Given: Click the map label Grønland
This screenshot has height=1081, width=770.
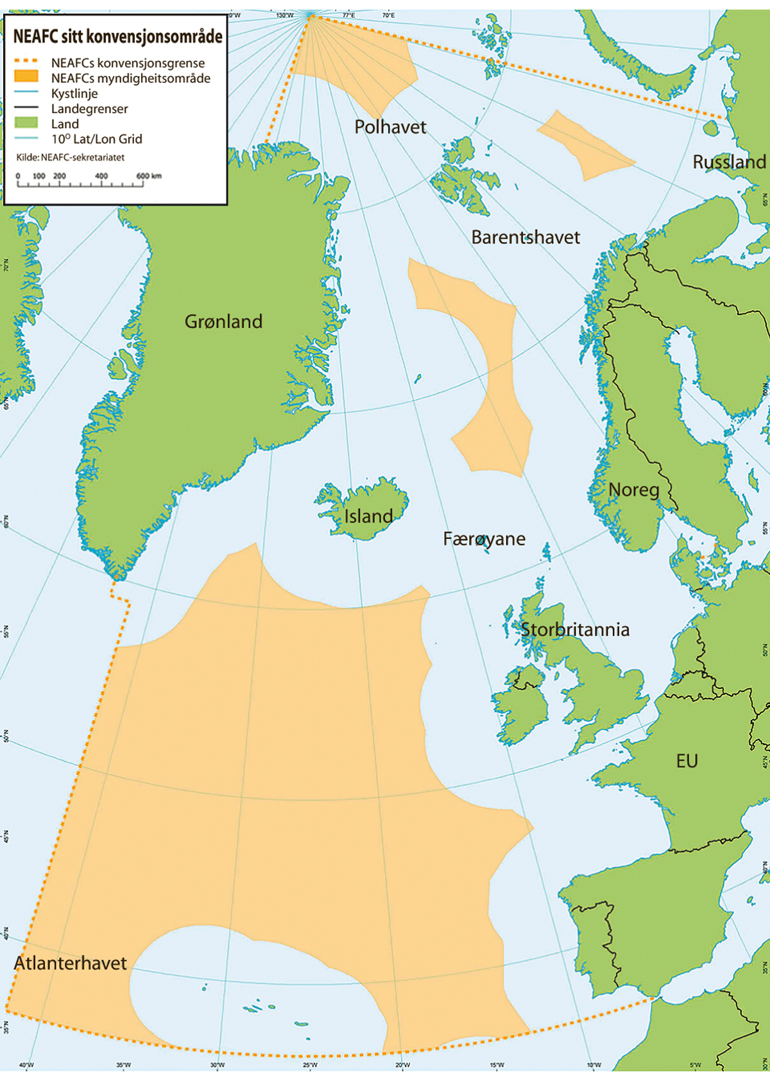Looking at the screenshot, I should tap(223, 321).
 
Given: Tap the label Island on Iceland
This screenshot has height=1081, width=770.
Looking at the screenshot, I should tap(368, 516).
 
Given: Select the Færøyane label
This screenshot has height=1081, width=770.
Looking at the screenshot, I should tap(484, 539).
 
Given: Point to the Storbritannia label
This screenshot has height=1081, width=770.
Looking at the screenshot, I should tap(574, 629).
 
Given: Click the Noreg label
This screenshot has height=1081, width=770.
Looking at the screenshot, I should tap(633, 490).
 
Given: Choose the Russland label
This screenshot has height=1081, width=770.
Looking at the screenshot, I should tap(729, 162).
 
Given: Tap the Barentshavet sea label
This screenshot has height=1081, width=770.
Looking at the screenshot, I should tap(525, 237).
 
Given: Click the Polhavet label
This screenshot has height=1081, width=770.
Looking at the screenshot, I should tap(390, 127).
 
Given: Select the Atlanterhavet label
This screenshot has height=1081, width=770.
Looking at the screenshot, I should tap(71, 963).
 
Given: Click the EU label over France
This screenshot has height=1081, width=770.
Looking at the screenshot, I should tap(687, 762).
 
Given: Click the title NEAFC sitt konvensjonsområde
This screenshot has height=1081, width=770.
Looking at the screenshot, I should tap(118, 37).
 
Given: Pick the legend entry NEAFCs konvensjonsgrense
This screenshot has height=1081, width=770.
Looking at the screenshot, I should tap(128, 63).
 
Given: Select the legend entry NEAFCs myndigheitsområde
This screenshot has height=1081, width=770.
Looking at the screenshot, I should tap(130, 78).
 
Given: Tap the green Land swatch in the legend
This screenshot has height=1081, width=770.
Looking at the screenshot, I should tap(26, 123).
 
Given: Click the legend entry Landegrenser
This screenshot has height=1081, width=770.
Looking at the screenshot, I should tap(89, 108).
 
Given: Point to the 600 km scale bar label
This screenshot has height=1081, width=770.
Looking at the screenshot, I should tap(148, 176).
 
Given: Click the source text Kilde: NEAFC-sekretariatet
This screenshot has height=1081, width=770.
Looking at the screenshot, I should tap(71, 157).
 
